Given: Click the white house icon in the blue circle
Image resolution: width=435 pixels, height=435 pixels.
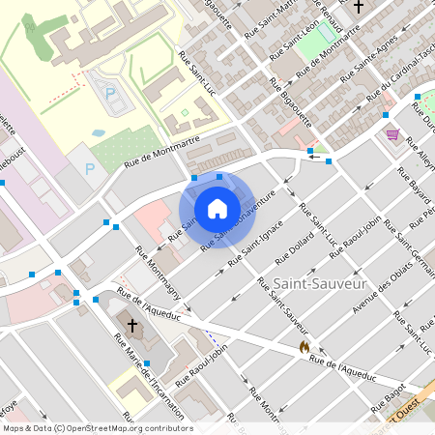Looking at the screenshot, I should point(217,209).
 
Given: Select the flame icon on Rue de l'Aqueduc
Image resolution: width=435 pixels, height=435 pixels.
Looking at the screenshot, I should point(304,345).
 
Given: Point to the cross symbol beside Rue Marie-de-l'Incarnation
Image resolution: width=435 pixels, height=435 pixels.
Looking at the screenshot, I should point(133,323).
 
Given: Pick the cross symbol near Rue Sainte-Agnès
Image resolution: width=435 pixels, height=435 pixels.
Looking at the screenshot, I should point(358,7).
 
